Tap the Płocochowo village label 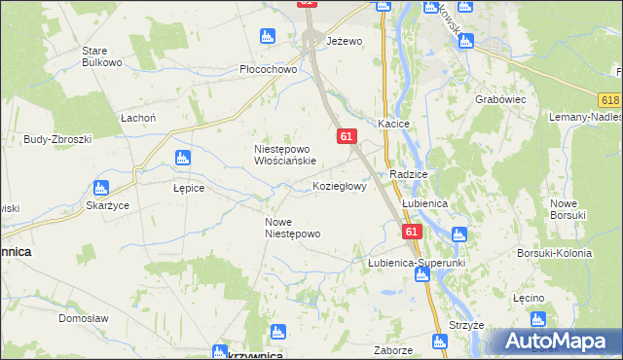[268, 70]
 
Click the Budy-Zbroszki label [57, 139]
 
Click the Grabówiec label [499, 99]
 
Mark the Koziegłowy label [340, 186]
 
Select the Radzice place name [409, 173]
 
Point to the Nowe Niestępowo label [293, 228]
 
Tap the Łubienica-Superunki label [418, 263]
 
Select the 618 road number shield [610, 100]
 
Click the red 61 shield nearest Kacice [347, 137]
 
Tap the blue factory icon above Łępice [180, 158]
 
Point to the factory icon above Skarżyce [100, 188]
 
